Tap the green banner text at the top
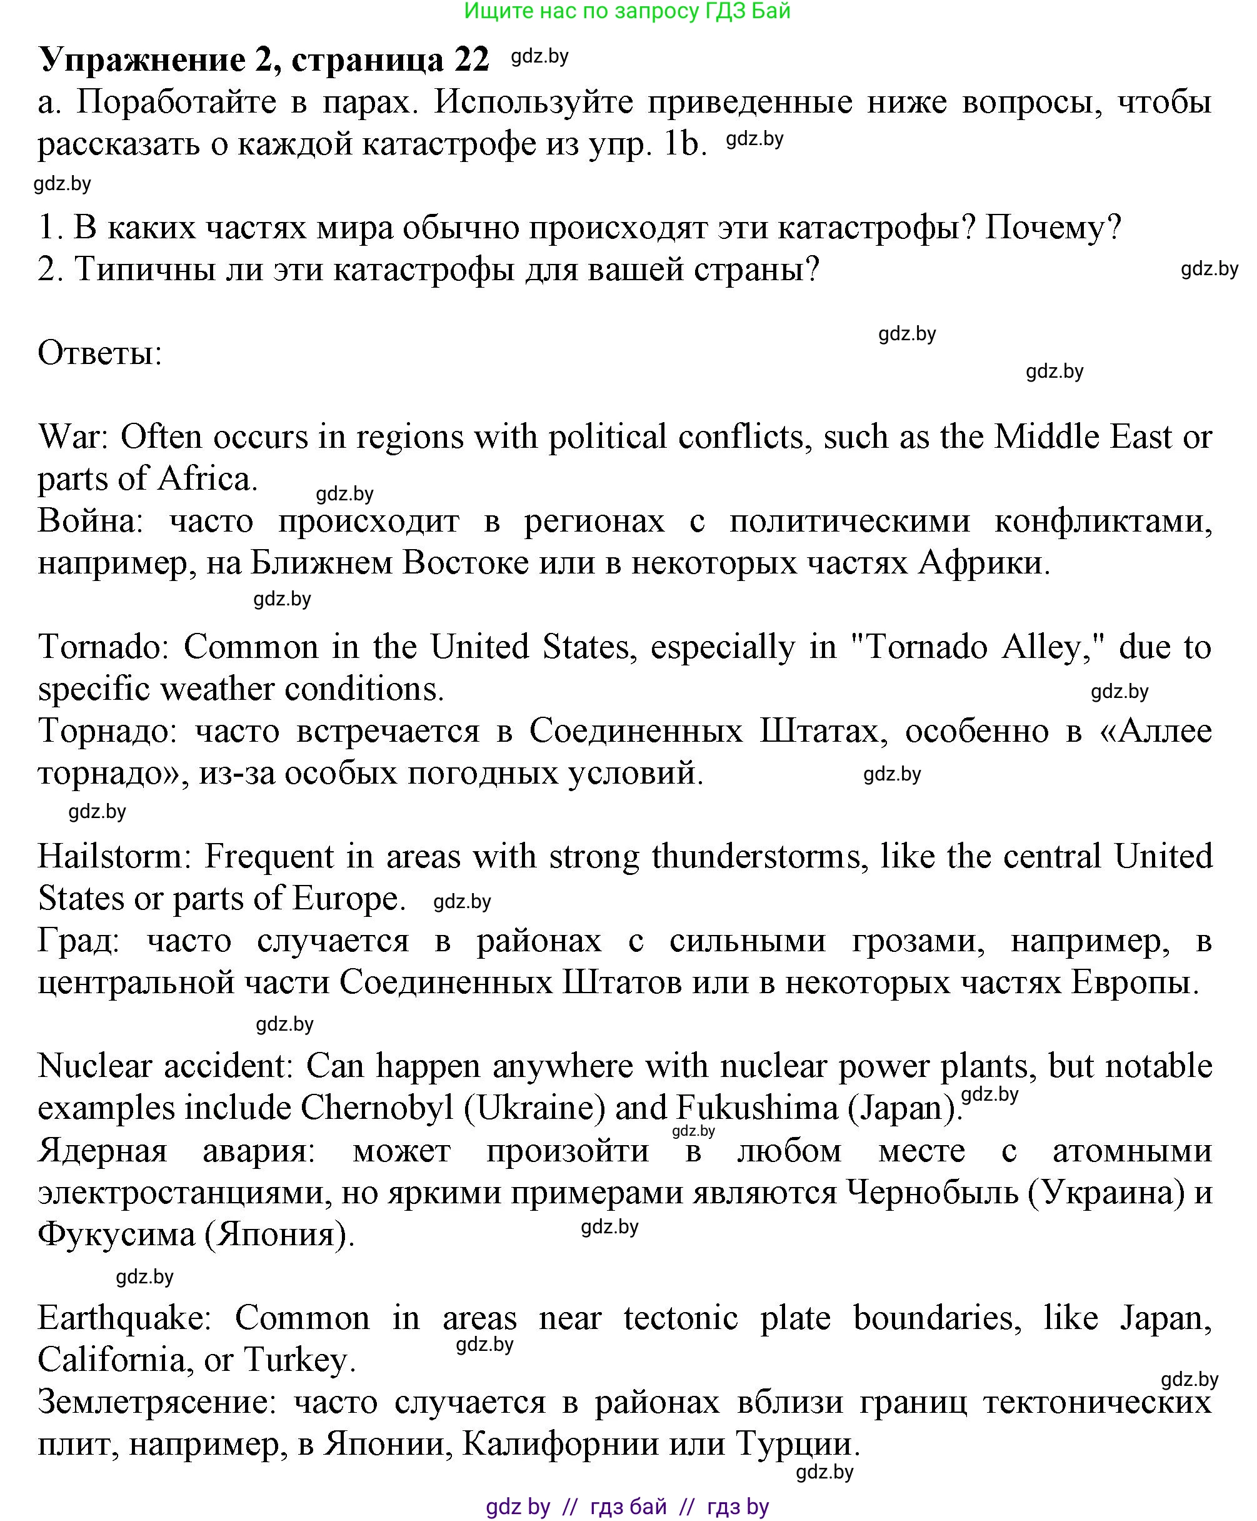coord(627,11)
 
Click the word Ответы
coord(100,353)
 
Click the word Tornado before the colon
coord(101,647)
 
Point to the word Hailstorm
coord(113,857)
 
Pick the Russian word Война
coord(90,522)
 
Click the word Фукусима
coord(116,1234)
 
